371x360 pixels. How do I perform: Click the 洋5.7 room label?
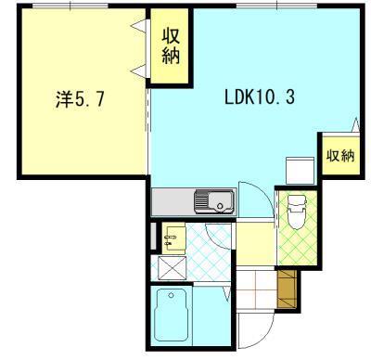point(80,99)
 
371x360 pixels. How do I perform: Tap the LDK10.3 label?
point(259,97)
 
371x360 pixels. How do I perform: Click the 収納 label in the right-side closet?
point(340,155)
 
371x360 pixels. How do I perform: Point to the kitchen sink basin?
point(221,201)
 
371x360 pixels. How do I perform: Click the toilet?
point(297,212)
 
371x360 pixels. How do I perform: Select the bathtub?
point(171,315)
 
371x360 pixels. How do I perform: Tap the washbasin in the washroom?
point(173,238)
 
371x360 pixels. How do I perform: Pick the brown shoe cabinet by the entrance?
point(287,289)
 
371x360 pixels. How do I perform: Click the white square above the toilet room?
point(300,171)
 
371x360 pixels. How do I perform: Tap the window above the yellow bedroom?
point(70,6)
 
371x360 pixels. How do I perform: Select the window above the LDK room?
point(277,6)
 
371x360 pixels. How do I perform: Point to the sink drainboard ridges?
point(201,201)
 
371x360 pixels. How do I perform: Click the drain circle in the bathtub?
point(171,295)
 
